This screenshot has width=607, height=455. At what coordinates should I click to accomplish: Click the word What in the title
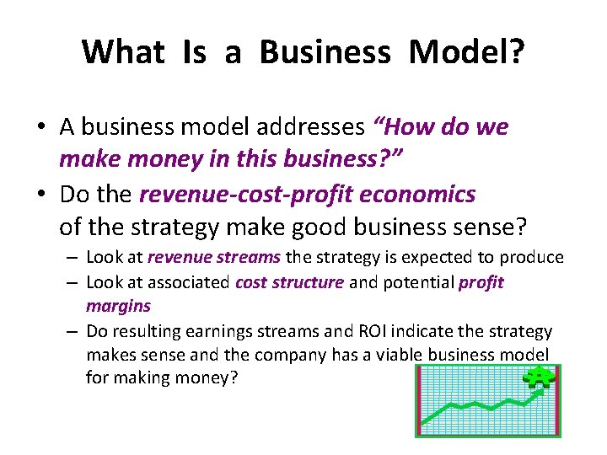pos(123,52)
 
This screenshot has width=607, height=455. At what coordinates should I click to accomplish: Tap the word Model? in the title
pos(467,52)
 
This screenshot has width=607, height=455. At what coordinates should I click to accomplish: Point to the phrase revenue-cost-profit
pos(247,195)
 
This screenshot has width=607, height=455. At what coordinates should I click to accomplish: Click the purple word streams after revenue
pos(252,258)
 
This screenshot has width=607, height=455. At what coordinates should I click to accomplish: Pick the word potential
pos(417,282)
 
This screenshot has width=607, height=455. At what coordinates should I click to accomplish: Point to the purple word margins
pos(118,306)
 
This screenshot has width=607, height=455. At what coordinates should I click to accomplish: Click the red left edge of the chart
pos(418,400)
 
